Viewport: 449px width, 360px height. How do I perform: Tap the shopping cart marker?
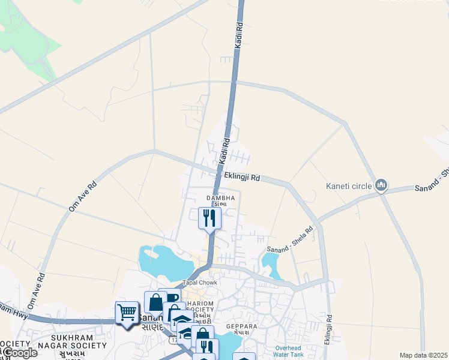pos(127,312)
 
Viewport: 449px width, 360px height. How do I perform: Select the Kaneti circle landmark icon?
pos(381,186)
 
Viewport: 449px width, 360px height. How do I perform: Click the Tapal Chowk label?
pos(199,282)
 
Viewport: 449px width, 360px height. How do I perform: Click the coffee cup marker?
pos(170,297)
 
